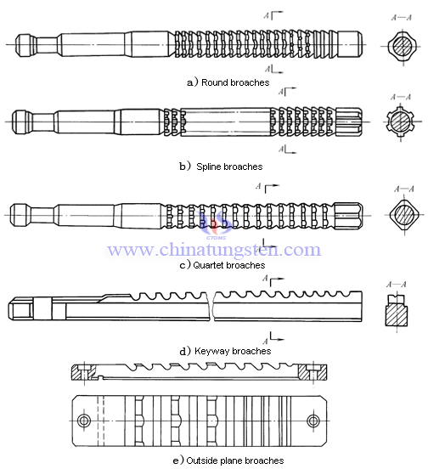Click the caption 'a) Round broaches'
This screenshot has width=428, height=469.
(228, 82)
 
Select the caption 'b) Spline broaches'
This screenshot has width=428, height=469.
(220, 167)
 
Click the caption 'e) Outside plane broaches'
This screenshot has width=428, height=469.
(228, 461)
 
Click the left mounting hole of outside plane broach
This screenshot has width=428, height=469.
(83, 421)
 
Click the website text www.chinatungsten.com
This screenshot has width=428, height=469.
(213, 250)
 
